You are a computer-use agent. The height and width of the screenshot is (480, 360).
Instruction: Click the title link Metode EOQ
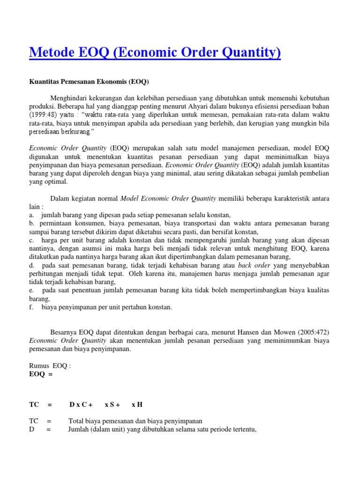[x=155, y=52]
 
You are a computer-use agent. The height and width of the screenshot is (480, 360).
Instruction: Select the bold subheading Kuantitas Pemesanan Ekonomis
[x=89, y=82]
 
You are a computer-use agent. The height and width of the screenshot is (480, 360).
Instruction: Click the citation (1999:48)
[x=45, y=114]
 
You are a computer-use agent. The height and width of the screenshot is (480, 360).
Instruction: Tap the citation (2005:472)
[x=314, y=332]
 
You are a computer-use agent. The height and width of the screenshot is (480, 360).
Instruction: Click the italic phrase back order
[x=254, y=265]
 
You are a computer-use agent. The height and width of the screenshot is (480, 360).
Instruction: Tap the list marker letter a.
[x=31, y=215]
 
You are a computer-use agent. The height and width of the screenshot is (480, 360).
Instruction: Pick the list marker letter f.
[x=31, y=307]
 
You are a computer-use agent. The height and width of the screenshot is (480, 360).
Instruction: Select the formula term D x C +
[x=81, y=404]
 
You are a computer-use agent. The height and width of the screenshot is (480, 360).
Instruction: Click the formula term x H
[x=137, y=404]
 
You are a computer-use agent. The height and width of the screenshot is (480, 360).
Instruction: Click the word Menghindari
[x=73, y=97]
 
